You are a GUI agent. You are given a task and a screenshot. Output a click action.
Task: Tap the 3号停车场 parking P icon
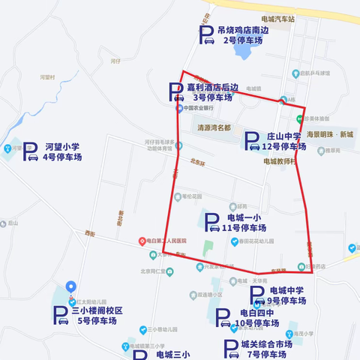pyautogui.click(x=175, y=92)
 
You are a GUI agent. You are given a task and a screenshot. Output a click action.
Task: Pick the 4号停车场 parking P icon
pyautogui.click(x=30, y=151)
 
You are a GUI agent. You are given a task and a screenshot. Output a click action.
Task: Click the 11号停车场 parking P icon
pyautogui.click(x=211, y=222)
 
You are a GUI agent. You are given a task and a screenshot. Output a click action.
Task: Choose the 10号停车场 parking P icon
pyautogui.click(x=223, y=318)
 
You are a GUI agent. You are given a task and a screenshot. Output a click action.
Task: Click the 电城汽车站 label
pyautogui.click(x=276, y=16)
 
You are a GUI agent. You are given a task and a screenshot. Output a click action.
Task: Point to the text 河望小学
pyautogui.click(x=61, y=147)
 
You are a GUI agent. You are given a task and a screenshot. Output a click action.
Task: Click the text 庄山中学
pyautogui.click(x=283, y=136)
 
